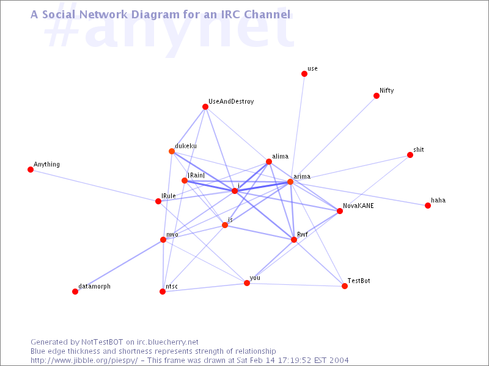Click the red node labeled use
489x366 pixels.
(304, 74)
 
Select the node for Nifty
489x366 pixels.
(377, 96)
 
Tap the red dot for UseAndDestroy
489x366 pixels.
(205, 107)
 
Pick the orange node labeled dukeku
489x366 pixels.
(172, 151)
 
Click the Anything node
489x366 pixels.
(31, 170)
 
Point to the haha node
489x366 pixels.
(428, 206)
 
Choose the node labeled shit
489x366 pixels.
(410, 155)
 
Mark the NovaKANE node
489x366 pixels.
(340, 211)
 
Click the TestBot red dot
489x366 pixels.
(345, 286)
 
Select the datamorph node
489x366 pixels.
(75, 292)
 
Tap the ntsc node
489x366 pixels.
(163, 292)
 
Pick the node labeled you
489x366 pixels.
(247, 283)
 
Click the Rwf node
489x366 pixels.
(294, 240)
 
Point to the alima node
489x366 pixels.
(269, 162)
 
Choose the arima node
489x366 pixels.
(290, 182)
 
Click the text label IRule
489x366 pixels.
(169, 196)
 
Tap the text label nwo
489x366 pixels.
(172, 234)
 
